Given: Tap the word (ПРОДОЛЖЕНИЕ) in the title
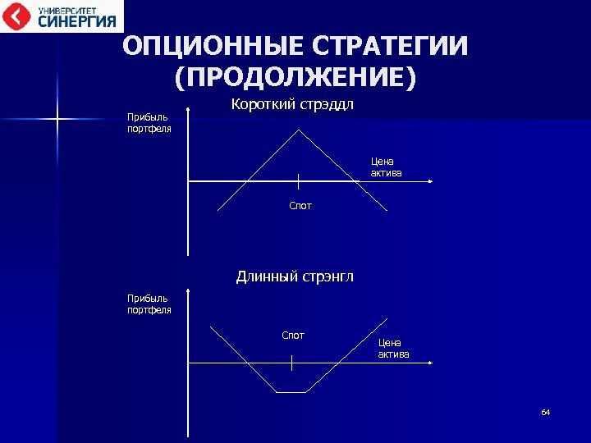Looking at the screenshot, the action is (295, 78).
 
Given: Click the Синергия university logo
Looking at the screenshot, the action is (62, 16).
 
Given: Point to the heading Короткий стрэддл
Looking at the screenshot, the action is (292, 104).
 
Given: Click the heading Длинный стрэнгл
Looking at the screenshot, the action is (295, 276).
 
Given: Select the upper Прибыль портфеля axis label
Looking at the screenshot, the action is (149, 124).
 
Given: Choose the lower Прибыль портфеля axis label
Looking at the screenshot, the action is (149, 304).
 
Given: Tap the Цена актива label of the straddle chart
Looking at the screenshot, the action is (386, 167).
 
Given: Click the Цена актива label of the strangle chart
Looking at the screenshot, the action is (393, 348).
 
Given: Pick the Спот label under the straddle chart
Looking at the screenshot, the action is (300, 206).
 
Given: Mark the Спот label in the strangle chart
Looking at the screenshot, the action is (293, 335).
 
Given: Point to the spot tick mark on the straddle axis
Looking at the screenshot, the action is (298, 181).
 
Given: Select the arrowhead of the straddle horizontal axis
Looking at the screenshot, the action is (429, 181).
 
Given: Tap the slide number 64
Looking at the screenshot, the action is (545, 412).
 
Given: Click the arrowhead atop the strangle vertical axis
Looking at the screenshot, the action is (189, 290).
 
